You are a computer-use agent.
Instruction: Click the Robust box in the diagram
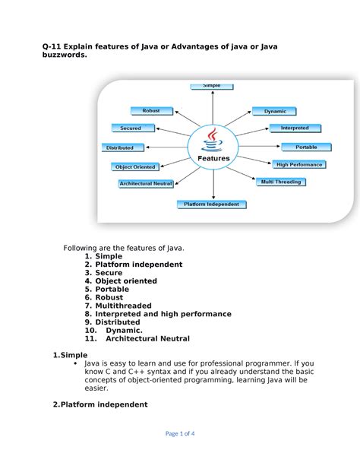152,111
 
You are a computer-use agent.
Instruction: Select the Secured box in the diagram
133,128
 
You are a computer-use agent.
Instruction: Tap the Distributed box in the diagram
123,147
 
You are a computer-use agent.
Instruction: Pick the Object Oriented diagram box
135,167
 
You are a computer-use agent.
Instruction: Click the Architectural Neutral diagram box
146,184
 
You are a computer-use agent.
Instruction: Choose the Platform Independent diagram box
212,204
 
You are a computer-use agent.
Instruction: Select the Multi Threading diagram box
281,182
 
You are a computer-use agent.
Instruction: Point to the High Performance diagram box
299,165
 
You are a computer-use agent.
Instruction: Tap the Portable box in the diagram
306,147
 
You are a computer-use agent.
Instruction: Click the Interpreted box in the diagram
295,128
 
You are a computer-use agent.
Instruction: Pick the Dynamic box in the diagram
274,111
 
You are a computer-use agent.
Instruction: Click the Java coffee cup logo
212,140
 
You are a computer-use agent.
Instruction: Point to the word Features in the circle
213,158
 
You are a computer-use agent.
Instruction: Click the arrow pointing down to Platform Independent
213,184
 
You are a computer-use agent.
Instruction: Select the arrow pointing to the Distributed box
167,147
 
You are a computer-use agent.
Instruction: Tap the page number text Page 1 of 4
180,433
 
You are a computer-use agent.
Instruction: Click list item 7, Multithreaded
118,306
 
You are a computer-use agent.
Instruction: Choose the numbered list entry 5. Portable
107,289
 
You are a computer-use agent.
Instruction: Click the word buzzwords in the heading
65,55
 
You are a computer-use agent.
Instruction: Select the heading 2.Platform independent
100,404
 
